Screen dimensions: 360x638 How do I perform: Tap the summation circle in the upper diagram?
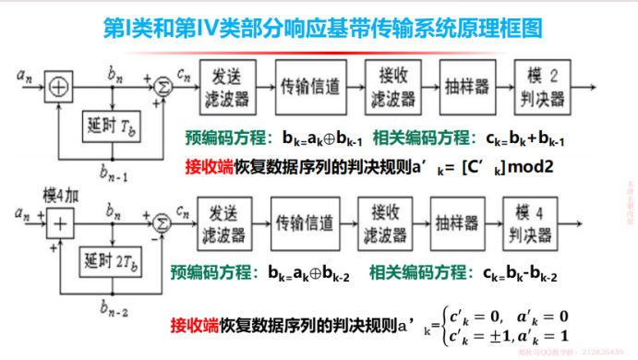pyautogui.click(x=160, y=85)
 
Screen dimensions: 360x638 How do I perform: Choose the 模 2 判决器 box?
pyautogui.click(x=548, y=85)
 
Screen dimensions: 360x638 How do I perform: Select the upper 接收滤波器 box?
pyautogui.click(x=388, y=85)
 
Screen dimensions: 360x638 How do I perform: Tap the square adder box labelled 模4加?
pyautogui.click(x=61, y=222)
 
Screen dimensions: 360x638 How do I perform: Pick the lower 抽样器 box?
pyautogui.click(x=458, y=222)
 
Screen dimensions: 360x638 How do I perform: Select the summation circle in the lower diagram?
pyautogui.click(x=161, y=222)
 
